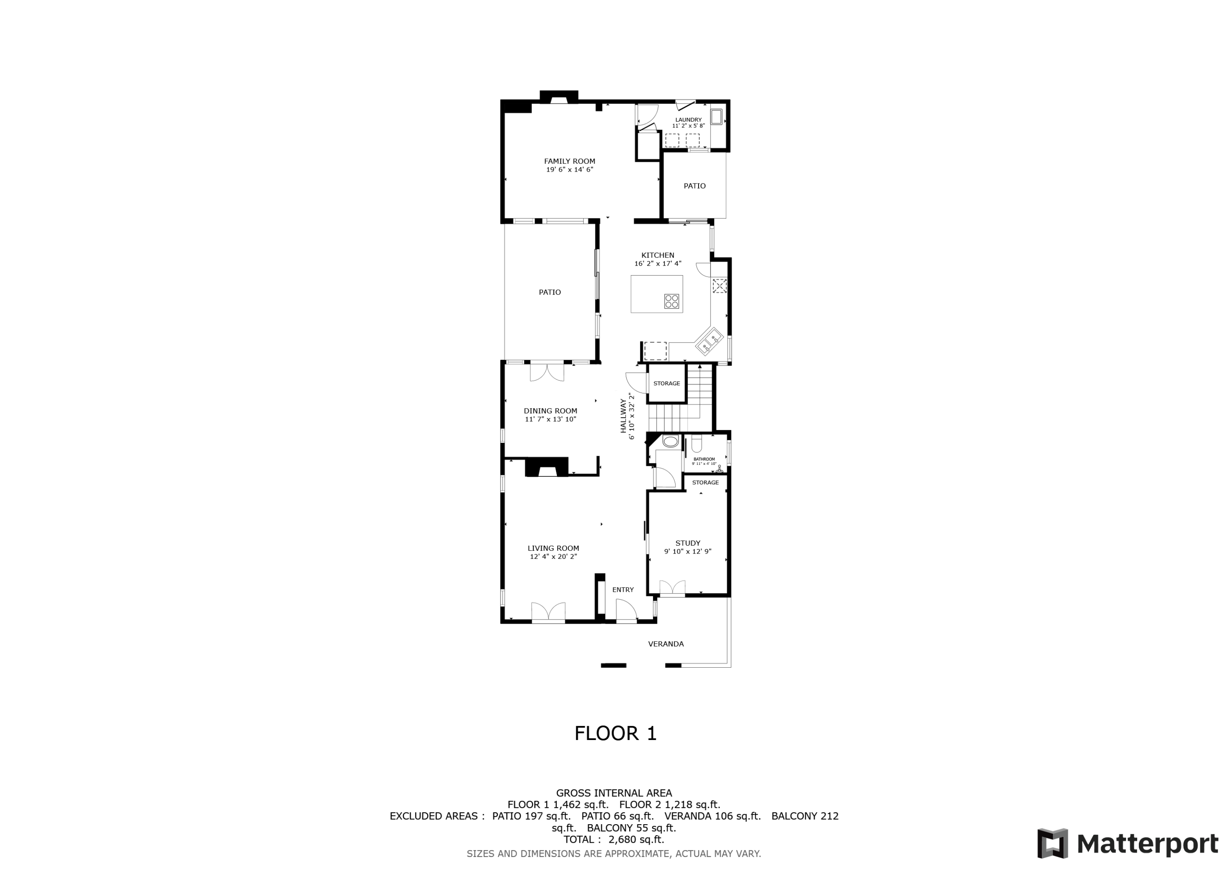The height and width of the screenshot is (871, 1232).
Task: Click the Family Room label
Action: [569, 161]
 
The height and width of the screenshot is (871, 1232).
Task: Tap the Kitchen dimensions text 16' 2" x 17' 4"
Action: [658, 264]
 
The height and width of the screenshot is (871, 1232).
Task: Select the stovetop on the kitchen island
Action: [671, 301]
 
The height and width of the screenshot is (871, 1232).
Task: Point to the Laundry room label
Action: [688, 120]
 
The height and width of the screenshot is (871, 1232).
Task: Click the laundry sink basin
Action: [716, 117]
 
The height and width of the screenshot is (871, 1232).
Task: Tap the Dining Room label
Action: [551, 411]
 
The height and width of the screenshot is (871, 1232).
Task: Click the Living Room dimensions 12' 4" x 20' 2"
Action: [553, 556]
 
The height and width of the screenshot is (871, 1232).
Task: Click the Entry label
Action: [623, 590]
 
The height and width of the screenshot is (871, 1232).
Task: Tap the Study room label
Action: [688, 543]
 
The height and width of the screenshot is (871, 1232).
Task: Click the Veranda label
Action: [666, 644]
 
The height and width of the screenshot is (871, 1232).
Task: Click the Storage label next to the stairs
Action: [667, 383]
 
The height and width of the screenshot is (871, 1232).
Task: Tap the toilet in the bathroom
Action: [696, 444]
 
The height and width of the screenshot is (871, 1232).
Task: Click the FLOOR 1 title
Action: [616, 733]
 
